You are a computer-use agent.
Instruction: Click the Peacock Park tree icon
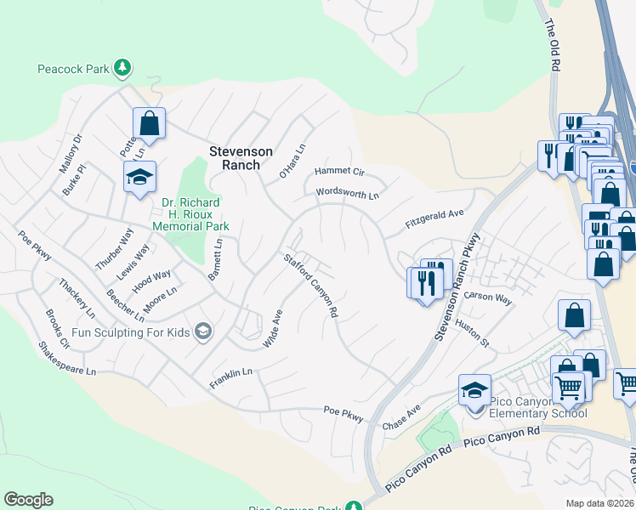point(122,67)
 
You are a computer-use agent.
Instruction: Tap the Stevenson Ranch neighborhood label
point(241,158)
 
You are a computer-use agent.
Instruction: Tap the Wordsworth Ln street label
point(347,194)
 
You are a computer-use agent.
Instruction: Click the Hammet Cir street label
point(339,171)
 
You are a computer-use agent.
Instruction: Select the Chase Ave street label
point(401,416)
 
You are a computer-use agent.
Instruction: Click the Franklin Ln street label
point(231,378)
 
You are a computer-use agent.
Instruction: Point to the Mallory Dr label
point(70,153)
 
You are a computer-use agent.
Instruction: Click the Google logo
point(28,500)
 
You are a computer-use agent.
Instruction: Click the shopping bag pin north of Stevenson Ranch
point(149,123)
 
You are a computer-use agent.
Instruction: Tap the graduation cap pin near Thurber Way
point(139,177)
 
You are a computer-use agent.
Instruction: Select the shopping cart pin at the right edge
point(625,383)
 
